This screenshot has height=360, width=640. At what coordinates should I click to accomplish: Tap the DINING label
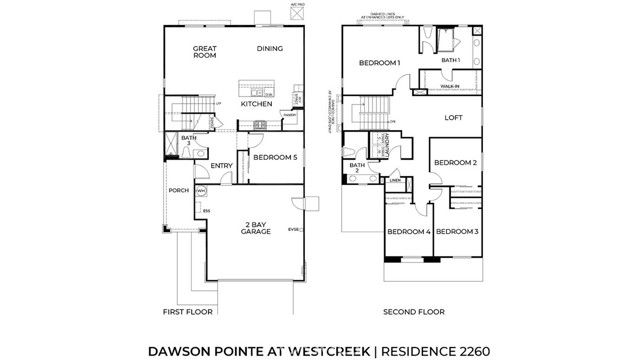pyautogui.click(x=270, y=47)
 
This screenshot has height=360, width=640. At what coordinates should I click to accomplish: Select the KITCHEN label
pyautogui.click(x=257, y=104)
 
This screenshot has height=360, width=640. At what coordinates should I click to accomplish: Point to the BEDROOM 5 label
pyautogui.click(x=274, y=158)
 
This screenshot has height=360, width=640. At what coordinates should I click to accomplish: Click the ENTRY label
pyautogui.click(x=221, y=166)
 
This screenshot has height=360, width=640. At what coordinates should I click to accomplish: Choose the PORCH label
pyautogui.click(x=178, y=190)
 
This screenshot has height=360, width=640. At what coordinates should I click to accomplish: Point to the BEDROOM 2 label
pyautogui.click(x=454, y=162)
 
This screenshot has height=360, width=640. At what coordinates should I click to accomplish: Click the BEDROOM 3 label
pyautogui.click(x=457, y=232)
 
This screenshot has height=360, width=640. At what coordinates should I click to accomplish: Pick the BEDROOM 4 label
pyautogui.click(x=408, y=232)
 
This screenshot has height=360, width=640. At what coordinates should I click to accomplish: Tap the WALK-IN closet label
pyautogui.click(x=451, y=87)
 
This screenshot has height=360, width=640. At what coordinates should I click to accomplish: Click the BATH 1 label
pyautogui.click(x=451, y=60)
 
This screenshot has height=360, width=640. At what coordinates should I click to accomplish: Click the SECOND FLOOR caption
pyautogui.click(x=411, y=311)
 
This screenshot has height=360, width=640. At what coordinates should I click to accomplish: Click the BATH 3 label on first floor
pyautogui.click(x=188, y=141)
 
